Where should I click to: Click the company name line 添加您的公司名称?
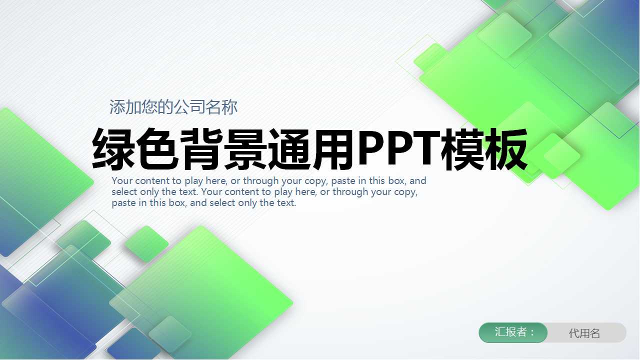pyautogui.click(x=173, y=107)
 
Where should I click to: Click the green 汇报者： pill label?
pyautogui.click(x=513, y=332)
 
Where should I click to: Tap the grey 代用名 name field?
pyautogui.click(x=584, y=333)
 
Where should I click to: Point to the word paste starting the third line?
pyautogui.click(x=123, y=203)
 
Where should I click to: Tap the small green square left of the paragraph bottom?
pyautogui.click(x=146, y=243)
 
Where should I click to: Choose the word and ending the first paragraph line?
pyautogui.click(x=418, y=181)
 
